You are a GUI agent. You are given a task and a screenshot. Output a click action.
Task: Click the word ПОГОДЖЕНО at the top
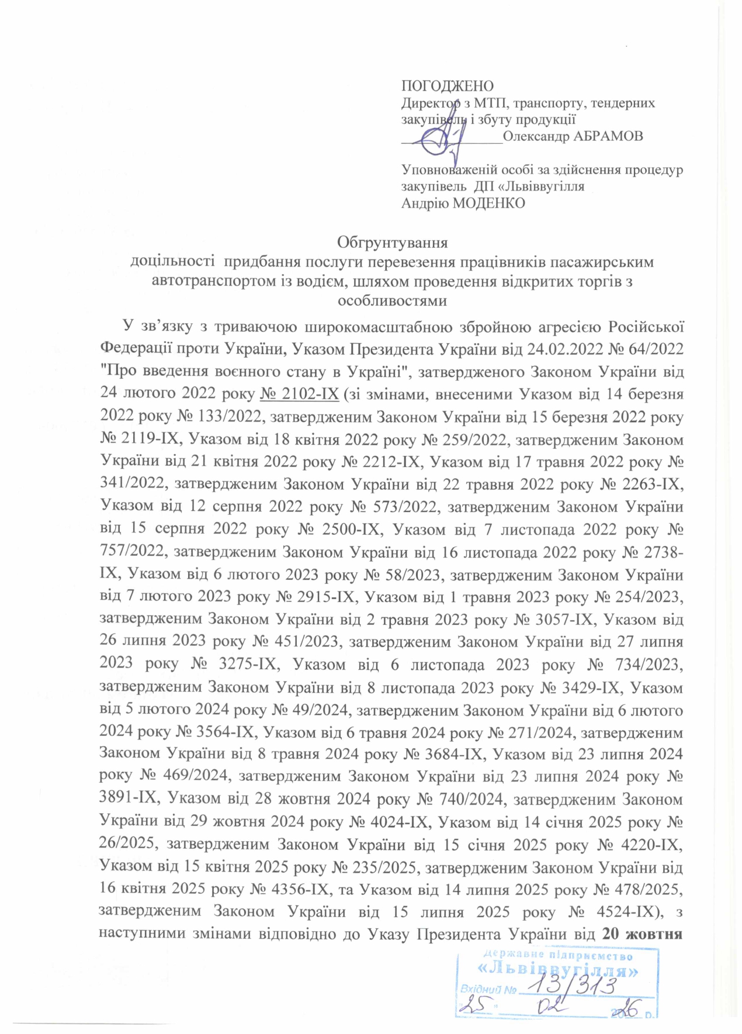447,87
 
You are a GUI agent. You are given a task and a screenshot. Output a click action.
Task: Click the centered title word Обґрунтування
392,242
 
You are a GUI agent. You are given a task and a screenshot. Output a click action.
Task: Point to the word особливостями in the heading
392,301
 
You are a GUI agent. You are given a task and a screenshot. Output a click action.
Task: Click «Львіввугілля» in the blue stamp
557,970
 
